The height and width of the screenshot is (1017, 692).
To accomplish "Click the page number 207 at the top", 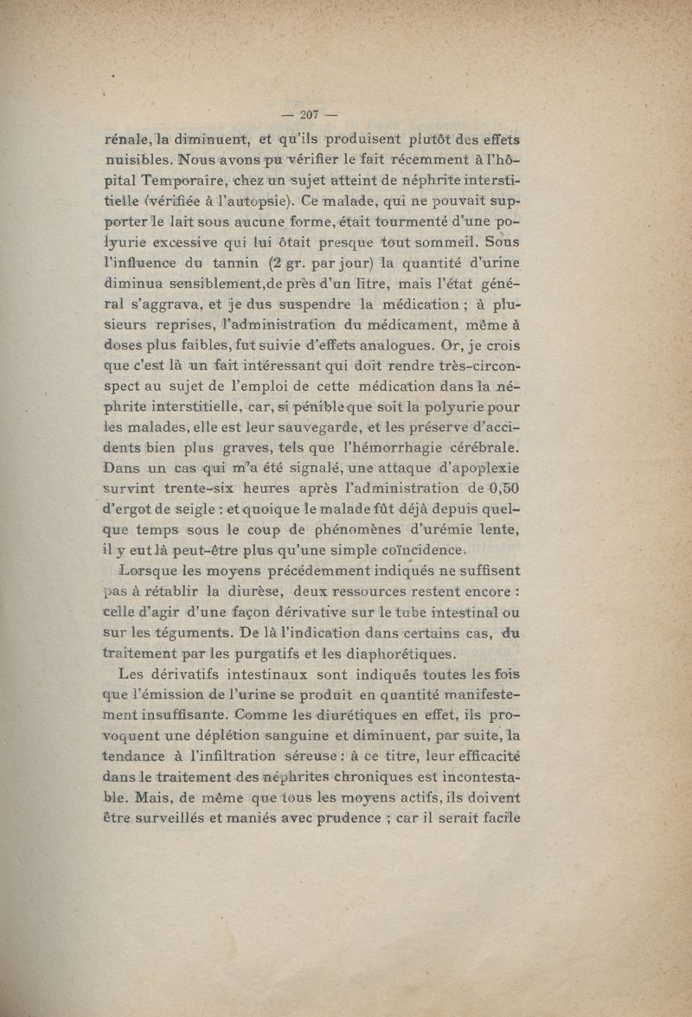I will click(x=309, y=115).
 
